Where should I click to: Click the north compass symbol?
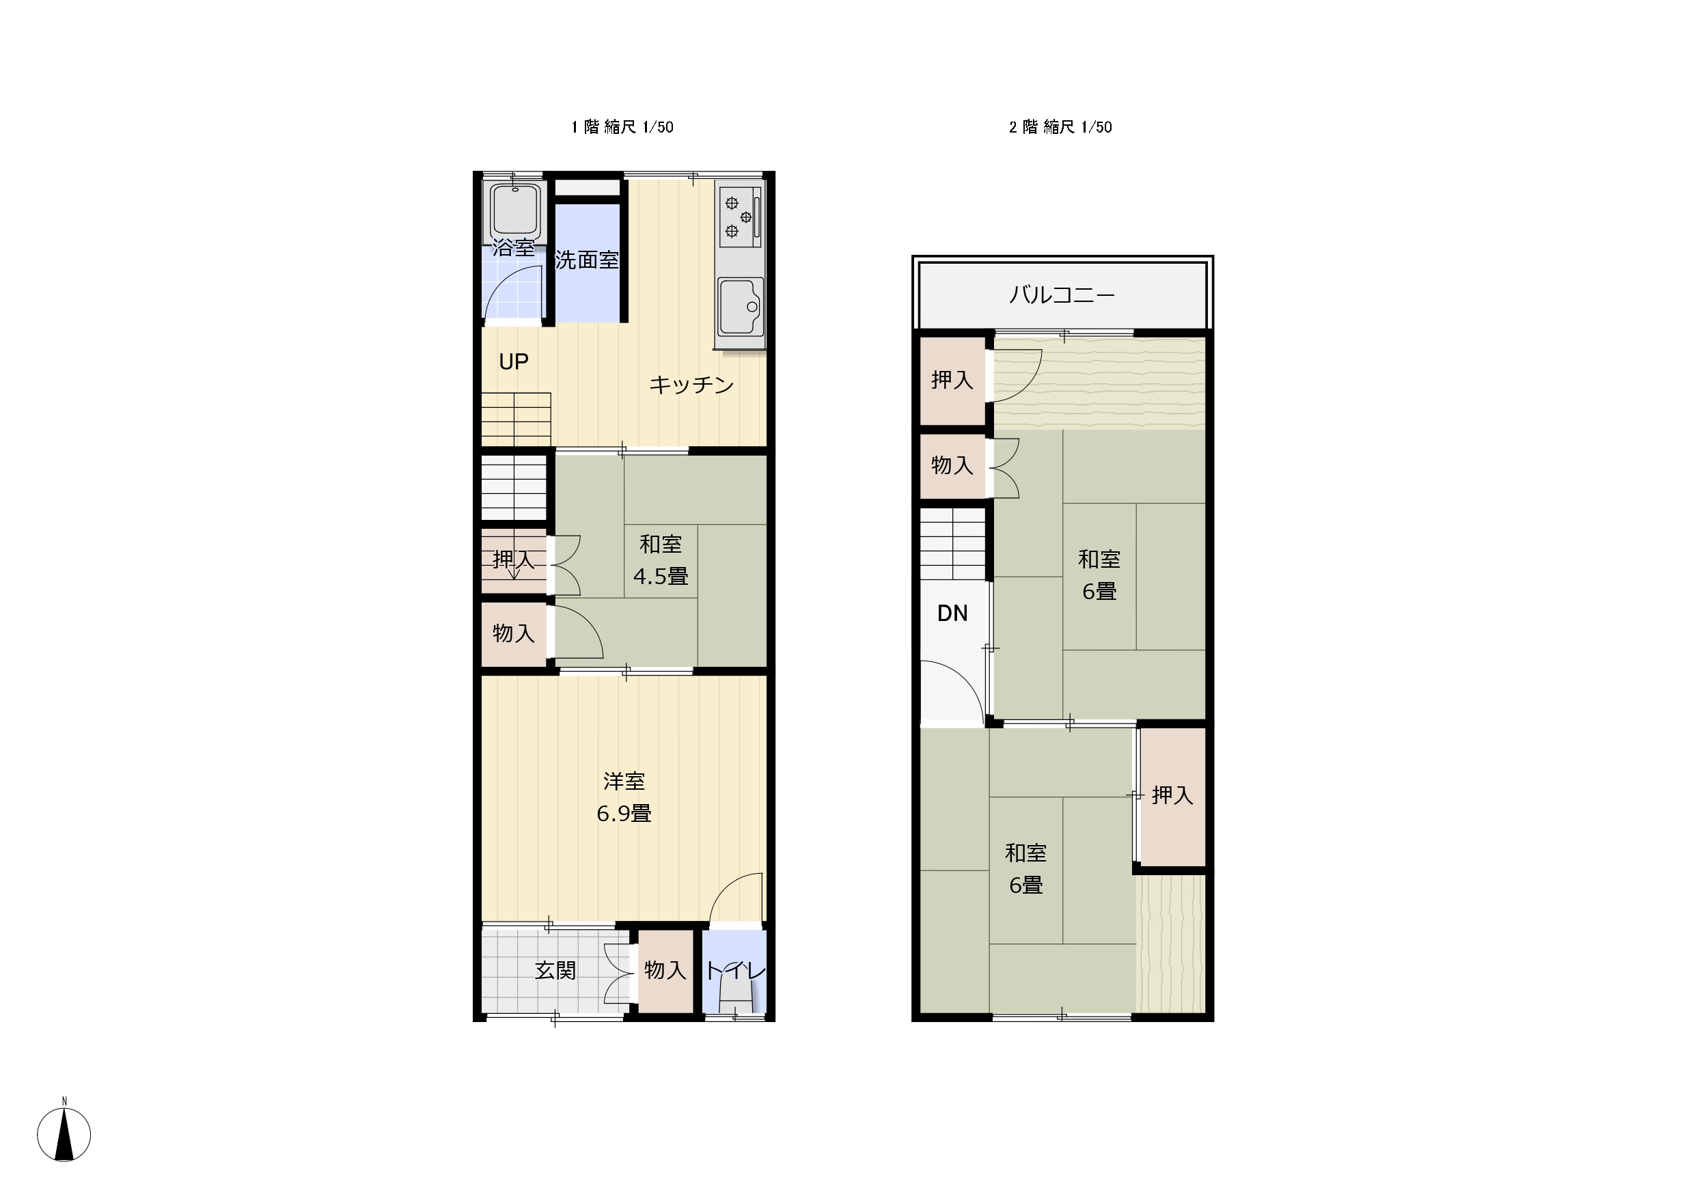coord(64,1133)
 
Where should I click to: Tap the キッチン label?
coord(691,385)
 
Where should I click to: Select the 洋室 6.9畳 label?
coord(624,797)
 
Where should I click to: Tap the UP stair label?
coord(514,362)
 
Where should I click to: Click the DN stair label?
coord(952,614)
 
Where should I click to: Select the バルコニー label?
coord(1062,295)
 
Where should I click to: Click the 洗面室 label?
coord(587,260)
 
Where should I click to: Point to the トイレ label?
coord(735,970)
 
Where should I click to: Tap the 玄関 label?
coord(555,970)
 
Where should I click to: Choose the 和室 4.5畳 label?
coord(661,560)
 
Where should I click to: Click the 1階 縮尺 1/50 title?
coord(622,127)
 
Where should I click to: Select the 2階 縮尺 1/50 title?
coord(1061,127)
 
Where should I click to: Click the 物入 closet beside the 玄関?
coord(666,971)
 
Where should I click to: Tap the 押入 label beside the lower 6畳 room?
coord(1172,795)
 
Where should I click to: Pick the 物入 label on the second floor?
coord(952,465)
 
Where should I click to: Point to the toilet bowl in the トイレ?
coord(735,1002)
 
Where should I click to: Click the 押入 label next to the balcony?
coord(952,381)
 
